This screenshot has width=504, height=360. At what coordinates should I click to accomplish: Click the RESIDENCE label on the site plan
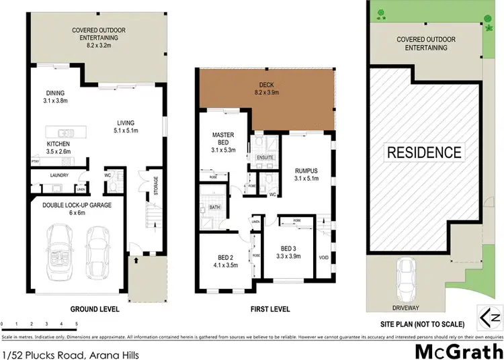tap(423, 152)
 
